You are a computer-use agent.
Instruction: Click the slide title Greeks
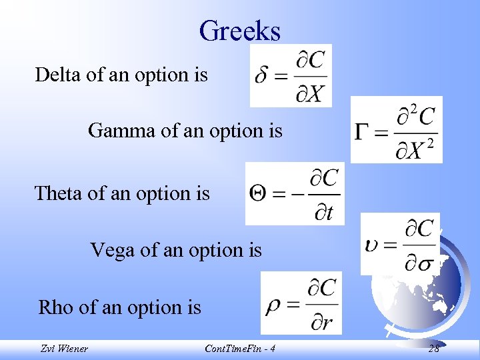point(239,31)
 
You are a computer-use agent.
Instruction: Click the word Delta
point(53,75)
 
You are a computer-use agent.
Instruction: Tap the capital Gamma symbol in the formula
point(362,131)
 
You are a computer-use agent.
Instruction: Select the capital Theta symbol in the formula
point(258,194)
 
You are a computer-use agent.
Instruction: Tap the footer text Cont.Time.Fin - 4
point(239,349)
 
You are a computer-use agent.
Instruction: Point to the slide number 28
point(434,349)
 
